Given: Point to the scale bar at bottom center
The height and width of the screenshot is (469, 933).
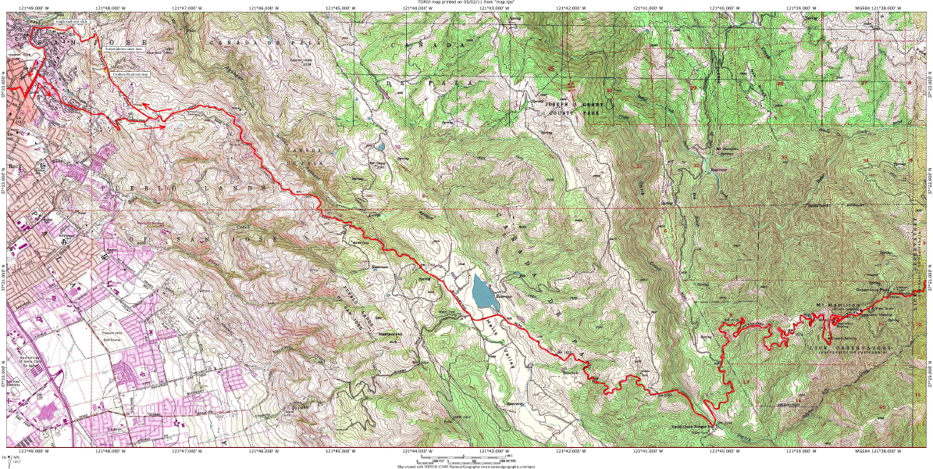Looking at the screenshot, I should (x=468, y=457).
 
